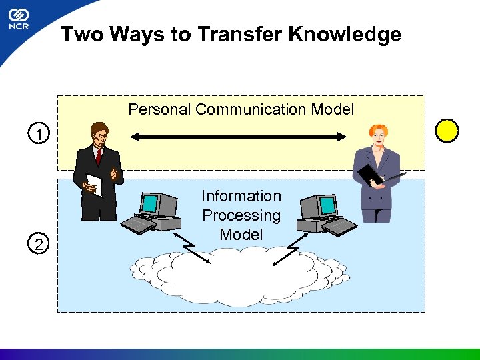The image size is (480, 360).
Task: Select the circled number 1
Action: click(x=41, y=136)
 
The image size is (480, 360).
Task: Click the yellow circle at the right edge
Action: click(x=447, y=130)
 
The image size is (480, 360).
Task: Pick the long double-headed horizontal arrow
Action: click(x=239, y=137)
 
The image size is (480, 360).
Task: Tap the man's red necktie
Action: click(x=99, y=156)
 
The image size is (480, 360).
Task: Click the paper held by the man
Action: click(x=95, y=185)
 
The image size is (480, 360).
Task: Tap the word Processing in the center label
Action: click(x=241, y=215)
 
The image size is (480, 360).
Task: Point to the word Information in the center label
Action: click(x=241, y=196)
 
